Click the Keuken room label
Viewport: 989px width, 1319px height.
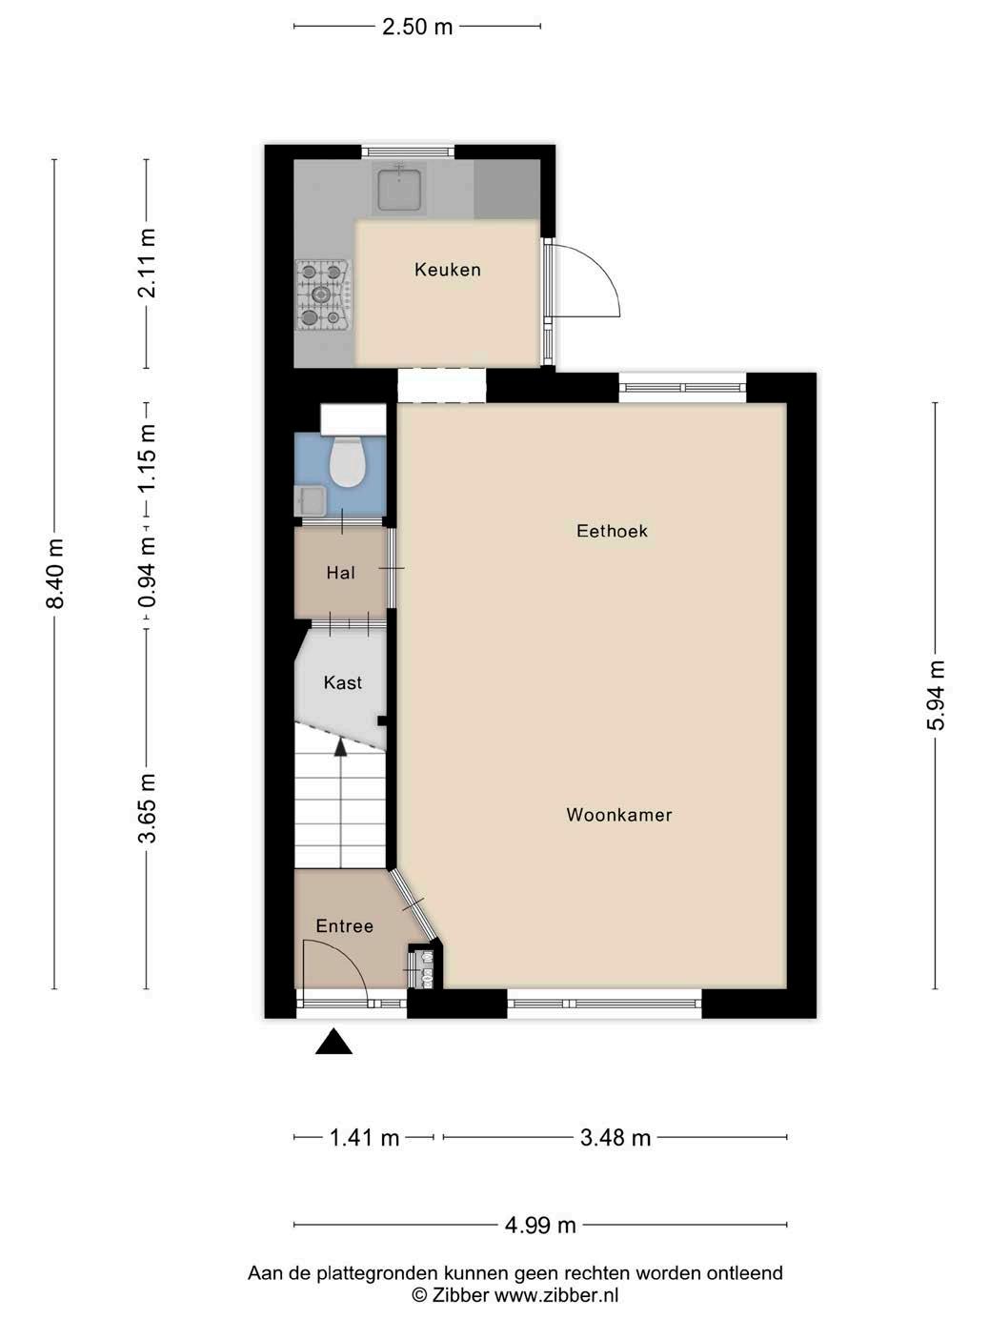(448, 269)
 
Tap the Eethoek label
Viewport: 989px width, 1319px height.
(612, 531)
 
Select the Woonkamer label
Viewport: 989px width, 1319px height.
(619, 815)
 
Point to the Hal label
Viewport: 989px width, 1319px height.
(340, 573)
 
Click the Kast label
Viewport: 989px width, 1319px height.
(343, 682)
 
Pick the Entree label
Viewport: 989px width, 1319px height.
(345, 926)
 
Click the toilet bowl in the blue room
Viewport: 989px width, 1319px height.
(347, 462)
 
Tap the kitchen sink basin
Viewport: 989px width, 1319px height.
(399, 190)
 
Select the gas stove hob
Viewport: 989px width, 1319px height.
(322, 295)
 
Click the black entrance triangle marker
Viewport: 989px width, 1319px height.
(333, 1042)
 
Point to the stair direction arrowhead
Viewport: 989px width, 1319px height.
(340, 747)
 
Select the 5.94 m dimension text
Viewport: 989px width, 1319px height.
(936, 695)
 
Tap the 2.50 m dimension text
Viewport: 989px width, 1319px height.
(417, 27)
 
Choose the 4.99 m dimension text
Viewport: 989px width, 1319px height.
(540, 1225)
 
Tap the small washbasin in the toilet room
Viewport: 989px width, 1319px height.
(311, 500)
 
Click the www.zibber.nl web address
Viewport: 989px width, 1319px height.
(556, 1295)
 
